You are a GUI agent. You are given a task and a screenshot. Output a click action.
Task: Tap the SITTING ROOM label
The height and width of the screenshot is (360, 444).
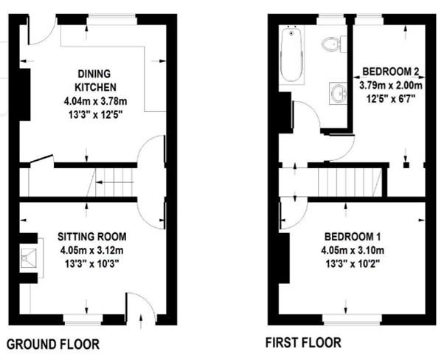pos(92,237)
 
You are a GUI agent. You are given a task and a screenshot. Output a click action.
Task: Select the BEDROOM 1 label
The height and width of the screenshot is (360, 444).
pos(352,237)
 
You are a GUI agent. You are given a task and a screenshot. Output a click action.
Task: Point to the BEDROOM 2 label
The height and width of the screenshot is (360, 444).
pos(391,72)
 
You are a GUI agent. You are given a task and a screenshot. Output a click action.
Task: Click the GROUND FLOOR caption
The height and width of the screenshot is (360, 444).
pos(52,344)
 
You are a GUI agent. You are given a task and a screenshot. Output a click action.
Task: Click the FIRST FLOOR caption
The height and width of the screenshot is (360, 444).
pos(304,343)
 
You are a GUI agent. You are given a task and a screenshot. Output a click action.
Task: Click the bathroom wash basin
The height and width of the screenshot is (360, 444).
pos(339,92)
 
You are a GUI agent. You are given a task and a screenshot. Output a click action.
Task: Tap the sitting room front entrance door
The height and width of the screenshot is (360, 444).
pos(141,308)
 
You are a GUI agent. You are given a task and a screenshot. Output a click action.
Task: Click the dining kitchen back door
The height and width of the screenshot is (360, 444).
pos(44,28)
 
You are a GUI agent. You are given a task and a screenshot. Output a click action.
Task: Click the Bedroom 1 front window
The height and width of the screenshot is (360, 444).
pos(351,318)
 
